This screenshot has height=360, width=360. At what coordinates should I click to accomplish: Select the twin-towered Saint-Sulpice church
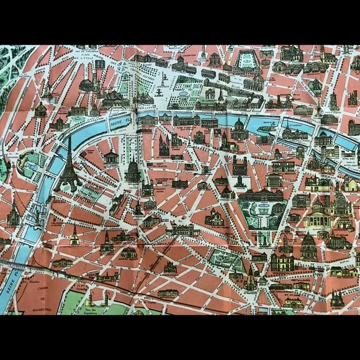click(240, 168)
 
